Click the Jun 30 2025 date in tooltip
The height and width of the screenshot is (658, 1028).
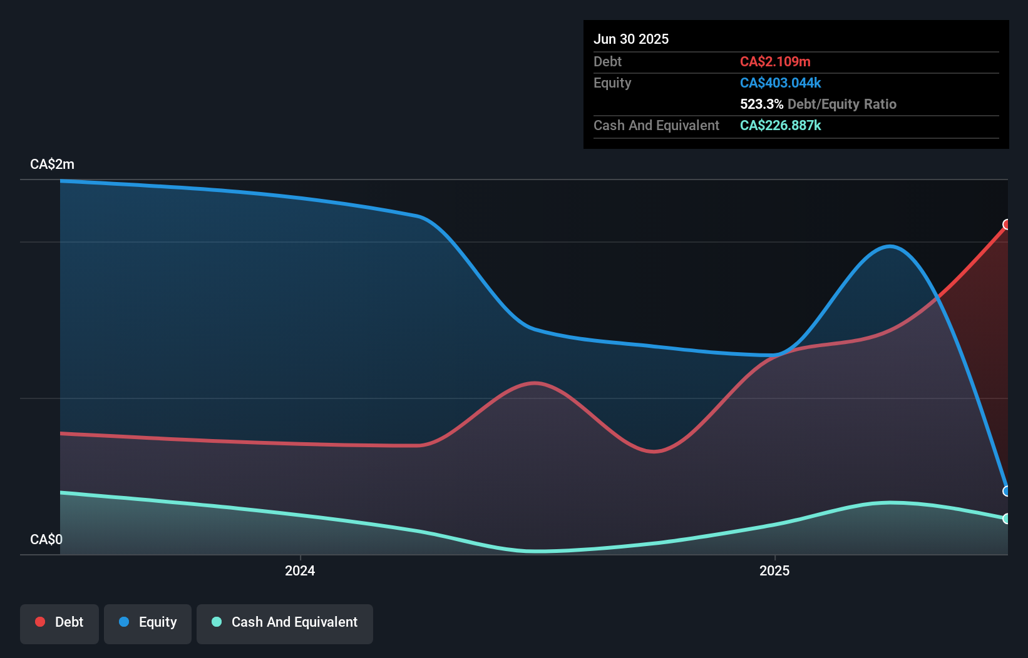631,39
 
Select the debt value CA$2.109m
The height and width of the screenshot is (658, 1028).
775,61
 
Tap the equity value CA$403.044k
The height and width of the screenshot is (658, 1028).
780,83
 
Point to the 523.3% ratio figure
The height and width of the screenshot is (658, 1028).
761,104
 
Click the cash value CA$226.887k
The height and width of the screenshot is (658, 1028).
780,125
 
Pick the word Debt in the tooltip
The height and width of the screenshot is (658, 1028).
607,61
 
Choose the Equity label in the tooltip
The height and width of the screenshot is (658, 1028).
612,83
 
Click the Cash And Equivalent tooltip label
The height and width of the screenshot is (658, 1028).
656,125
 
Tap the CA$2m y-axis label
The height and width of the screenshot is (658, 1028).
52,164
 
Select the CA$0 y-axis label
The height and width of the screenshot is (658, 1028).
46,539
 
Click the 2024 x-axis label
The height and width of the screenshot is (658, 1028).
300,570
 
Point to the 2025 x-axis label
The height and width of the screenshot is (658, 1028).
774,570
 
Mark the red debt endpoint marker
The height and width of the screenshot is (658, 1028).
1007,225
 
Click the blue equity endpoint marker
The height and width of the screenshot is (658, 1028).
1007,491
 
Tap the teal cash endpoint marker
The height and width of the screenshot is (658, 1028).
1007,519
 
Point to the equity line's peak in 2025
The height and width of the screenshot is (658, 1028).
890,246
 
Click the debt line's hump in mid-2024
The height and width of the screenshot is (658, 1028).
534,383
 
